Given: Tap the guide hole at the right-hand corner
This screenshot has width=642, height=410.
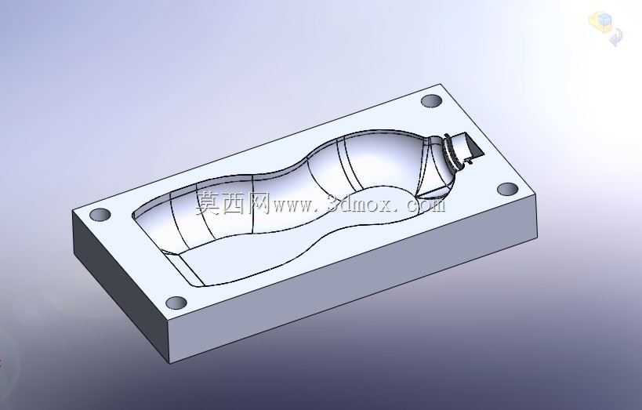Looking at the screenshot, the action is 508,189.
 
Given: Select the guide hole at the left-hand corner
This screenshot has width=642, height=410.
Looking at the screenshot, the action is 100,215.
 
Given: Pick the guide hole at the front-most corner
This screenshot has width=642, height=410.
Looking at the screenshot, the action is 176,303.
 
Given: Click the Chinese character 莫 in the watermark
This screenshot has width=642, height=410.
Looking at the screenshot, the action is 208,203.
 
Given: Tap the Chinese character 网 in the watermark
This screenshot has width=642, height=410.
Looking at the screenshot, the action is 257,203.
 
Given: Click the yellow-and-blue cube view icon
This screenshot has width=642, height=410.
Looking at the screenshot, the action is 600,21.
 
